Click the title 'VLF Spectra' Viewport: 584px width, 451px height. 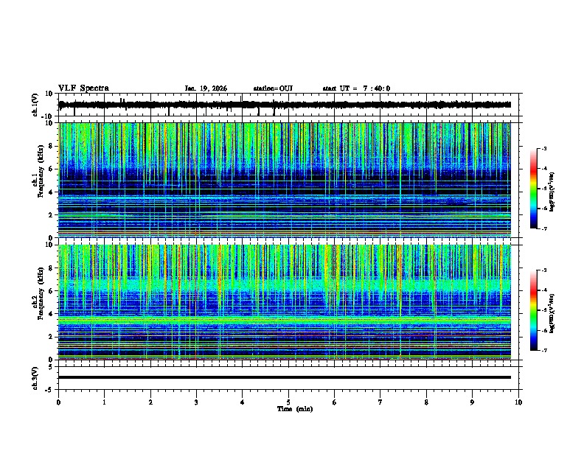(83, 88)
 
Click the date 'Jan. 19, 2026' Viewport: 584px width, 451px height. (206, 88)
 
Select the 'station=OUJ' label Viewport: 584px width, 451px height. (273, 88)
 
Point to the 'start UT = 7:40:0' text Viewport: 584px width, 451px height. (356, 88)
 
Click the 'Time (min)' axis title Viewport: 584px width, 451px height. (294, 408)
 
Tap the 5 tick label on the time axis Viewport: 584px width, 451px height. (288, 402)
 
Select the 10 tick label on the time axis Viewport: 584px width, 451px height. (518, 402)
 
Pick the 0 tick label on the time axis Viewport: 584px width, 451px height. (58, 402)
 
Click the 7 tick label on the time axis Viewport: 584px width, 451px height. (380, 402)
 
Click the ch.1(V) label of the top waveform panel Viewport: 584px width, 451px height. (35, 105)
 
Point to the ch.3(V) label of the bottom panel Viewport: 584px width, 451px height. (35, 377)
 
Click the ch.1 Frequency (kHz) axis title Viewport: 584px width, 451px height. (36, 180)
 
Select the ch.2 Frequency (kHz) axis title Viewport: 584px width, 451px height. (36, 302)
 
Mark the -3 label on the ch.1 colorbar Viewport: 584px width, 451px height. (543, 149)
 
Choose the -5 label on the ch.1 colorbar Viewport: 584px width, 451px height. (543, 189)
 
